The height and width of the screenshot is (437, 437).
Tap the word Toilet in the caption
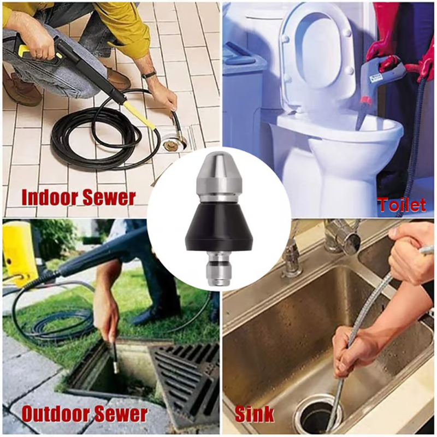click(402, 205)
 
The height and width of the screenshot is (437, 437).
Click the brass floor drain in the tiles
click(170, 145)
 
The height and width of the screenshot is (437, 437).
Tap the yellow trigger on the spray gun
click(26, 49)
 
